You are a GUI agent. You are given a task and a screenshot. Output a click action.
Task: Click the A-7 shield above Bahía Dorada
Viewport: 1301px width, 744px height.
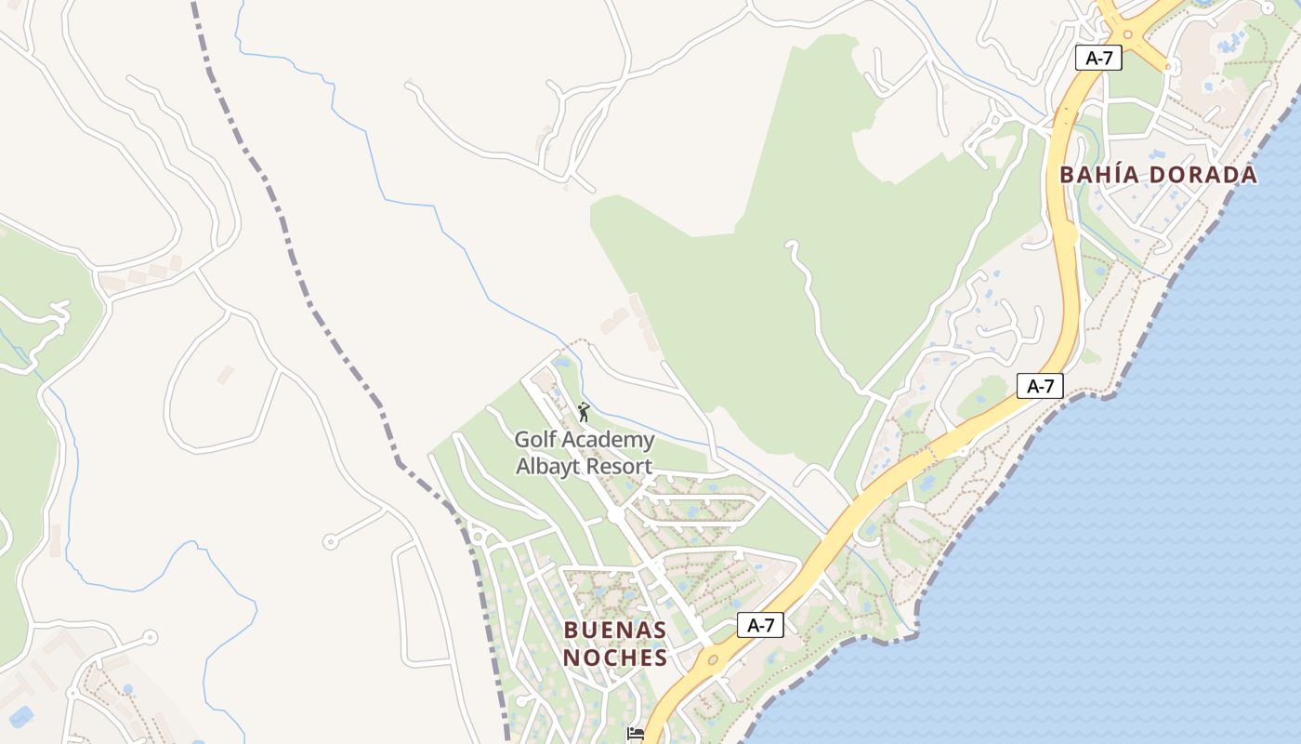pyautogui.click(x=1098, y=58)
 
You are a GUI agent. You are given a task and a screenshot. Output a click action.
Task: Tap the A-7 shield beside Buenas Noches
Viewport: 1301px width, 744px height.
pyautogui.click(x=760, y=625)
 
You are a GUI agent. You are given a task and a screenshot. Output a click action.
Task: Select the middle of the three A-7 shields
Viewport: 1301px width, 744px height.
pyautogui.click(x=1040, y=386)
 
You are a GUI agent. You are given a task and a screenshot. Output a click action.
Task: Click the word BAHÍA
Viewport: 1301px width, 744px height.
pyautogui.click(x=1100, y=175)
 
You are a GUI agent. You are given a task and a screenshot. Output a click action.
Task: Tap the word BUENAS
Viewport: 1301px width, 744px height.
pyautogui.click(x=614, y=631)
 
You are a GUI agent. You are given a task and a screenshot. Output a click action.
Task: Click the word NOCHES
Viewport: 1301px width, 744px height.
pyautogui.click(x=614, y=658)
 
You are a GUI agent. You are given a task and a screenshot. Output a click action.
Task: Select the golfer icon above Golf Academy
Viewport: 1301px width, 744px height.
pyautogui.click(x=584, y=412)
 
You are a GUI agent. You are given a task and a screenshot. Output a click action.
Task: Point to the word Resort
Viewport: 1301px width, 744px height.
pyautogui.click(x=620, y=466)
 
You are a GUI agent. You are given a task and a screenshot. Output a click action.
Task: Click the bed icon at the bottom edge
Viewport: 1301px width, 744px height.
pyautogui.click(x=636, y=734)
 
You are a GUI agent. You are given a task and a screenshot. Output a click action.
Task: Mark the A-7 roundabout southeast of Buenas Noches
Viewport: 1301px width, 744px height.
pyautogui.click(x=712, y=660)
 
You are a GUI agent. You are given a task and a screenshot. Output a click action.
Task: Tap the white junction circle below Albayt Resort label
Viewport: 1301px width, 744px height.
pyautogui.click(x=615, y=513)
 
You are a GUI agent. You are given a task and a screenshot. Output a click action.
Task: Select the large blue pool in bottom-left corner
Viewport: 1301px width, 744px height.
pyautogui.click(x=20, y=716)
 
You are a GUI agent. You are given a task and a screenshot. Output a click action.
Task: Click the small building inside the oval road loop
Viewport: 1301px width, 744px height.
pyautogui.click(x=225, y=374)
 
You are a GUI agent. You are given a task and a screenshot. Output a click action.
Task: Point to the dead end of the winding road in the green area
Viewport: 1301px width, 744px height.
pyautogui.click(x=791, y=245)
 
